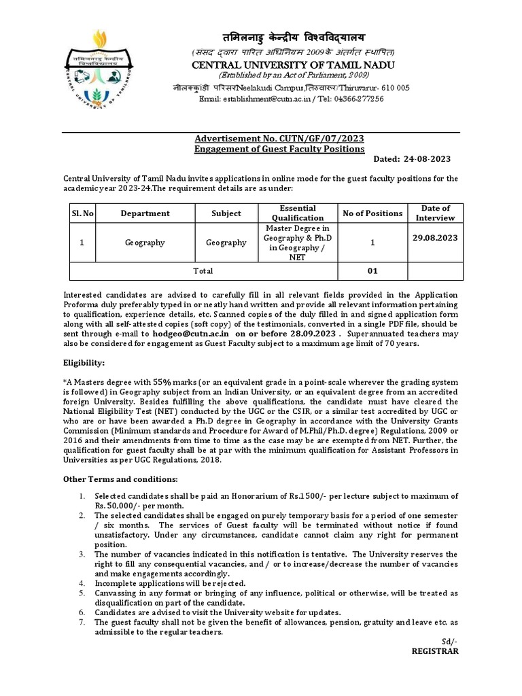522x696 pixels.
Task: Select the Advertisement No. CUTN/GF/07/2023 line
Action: pos(279,138)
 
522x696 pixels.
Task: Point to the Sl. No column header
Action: pos(82,213)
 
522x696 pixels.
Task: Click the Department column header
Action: pos(145,213)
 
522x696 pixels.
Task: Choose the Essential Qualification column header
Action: pos(297,213)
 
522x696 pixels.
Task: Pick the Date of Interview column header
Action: pos(435,213)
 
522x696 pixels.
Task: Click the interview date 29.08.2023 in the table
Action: pos(435,238)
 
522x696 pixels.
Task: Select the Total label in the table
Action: pos(203,271)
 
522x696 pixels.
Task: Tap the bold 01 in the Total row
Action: pos(372,271)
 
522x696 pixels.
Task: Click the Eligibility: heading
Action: pos(84,364)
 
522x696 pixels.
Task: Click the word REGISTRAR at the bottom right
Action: pos(435,650)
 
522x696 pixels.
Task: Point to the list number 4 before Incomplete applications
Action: pos(82,583)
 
